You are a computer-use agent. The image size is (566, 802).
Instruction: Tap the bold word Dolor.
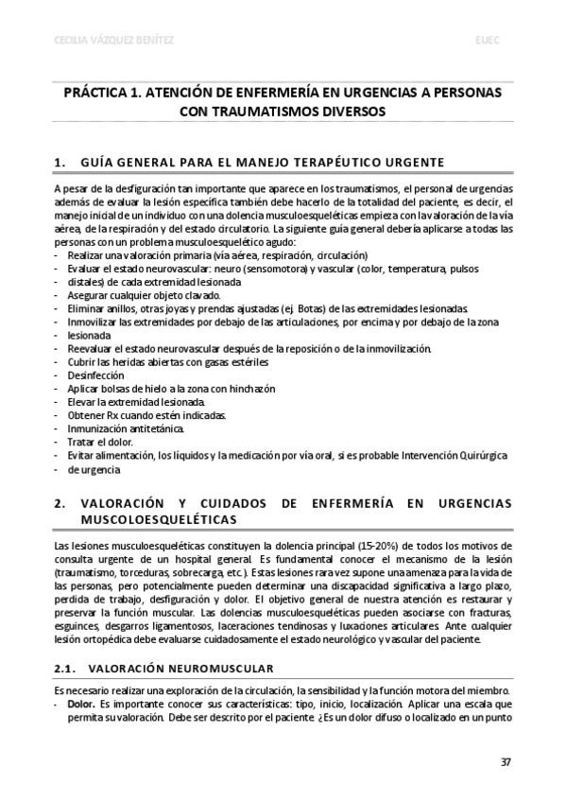[x=81, y=704]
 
